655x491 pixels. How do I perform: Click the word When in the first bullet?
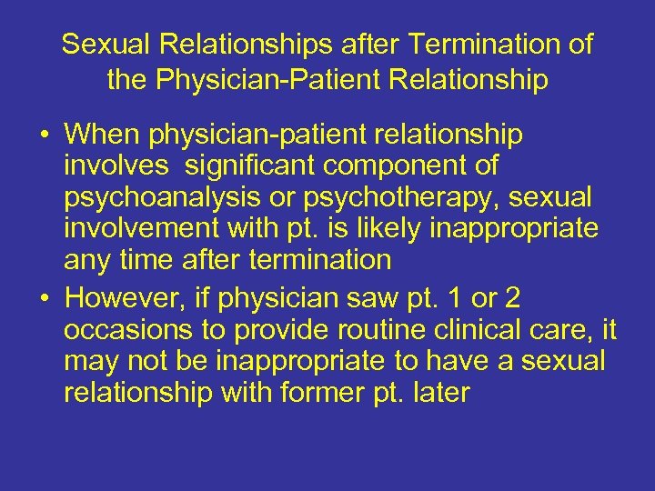(x=103, y=135)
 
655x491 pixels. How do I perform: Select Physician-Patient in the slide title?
(x=269, y=80)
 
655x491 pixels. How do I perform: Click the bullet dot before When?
(x=44, y=136)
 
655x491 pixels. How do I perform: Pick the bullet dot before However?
(x=44, y=298)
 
